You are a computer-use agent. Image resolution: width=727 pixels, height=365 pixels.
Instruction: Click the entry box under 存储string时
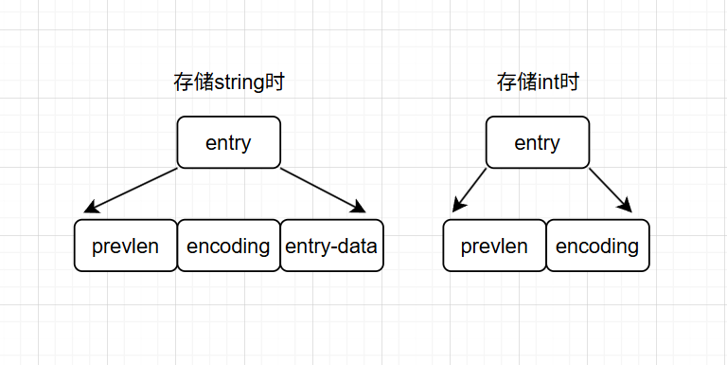[228, 143]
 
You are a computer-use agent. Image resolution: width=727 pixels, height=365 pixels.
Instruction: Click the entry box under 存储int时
[537, 143]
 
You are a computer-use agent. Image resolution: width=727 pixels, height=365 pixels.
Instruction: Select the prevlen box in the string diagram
[125, 246]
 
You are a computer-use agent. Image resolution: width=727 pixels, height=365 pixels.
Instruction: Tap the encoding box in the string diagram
[228, 246]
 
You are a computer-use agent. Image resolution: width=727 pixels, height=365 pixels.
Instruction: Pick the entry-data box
[331, 246]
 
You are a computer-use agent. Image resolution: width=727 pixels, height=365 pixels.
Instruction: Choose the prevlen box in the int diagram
[494, 246]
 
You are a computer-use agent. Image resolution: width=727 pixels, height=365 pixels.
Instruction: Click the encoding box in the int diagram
[597, 246]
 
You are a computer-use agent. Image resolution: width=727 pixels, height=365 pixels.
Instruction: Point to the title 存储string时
[229, 82]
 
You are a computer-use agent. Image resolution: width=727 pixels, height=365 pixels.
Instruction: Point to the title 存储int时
[537, 82]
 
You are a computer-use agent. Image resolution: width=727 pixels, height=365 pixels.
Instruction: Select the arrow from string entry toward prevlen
[133, 190]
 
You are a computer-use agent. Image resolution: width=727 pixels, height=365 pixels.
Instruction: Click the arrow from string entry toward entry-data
[322, 190]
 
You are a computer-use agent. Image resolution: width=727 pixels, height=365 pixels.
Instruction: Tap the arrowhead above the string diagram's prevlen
[91, 208]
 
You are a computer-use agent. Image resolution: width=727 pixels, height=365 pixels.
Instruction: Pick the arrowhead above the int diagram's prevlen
[458, 206]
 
